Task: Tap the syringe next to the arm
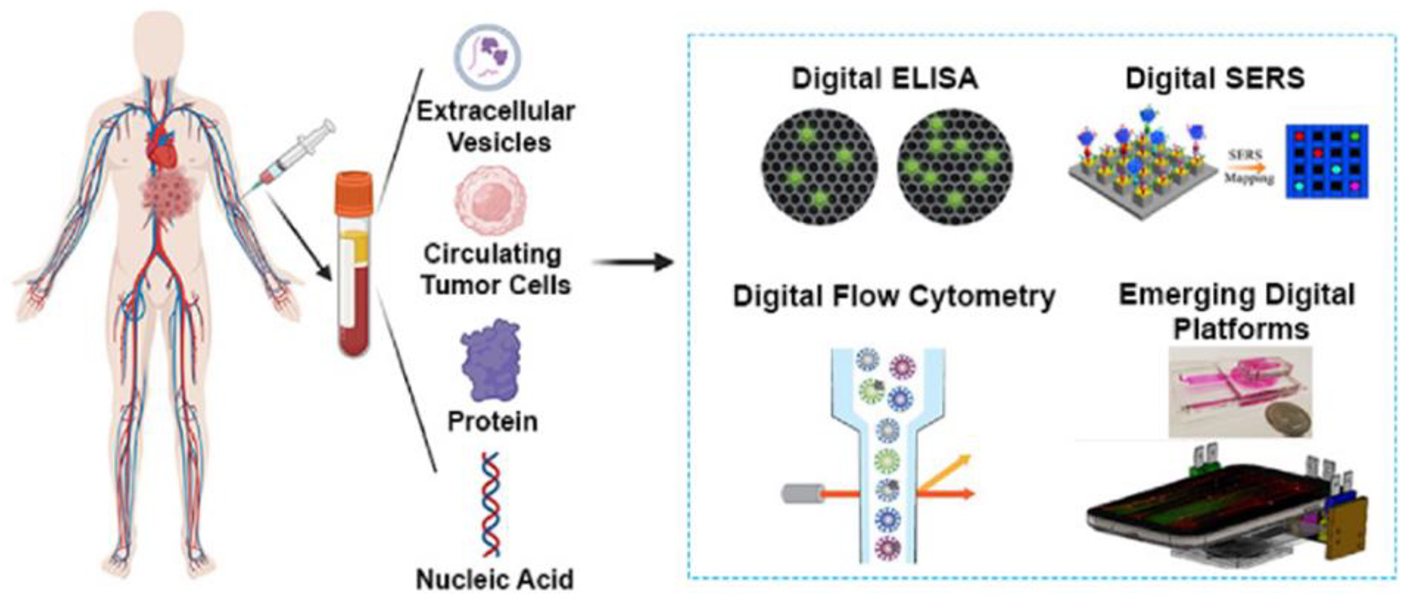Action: (291, 158)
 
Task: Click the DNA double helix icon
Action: (491, 505)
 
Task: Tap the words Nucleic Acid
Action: (494, 579)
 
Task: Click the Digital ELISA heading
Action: (885, 79)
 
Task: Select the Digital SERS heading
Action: (1215, 79)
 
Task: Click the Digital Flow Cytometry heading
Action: (894, 297)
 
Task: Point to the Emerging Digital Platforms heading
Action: (1237, 311)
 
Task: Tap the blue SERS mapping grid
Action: (1327, 161)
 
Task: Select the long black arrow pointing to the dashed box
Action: (633, 263)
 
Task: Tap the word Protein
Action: (493, 422)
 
